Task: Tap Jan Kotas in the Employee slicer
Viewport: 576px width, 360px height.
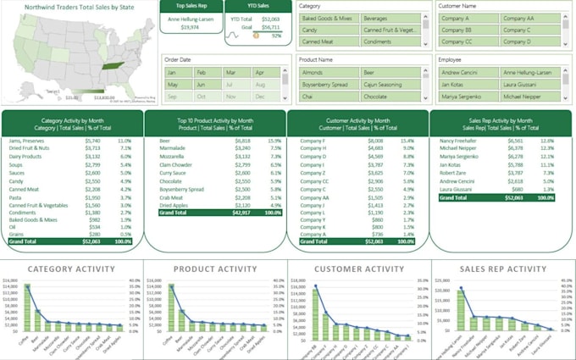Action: (465, 85)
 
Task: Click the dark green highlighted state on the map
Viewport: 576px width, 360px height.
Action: (110, 65)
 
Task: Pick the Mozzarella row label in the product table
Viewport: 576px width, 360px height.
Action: (171, 157)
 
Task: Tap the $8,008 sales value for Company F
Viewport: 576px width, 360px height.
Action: (375, 141)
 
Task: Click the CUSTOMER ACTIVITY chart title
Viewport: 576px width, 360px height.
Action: (358, 269)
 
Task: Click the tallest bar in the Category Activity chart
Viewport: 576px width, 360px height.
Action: (27, 306)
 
